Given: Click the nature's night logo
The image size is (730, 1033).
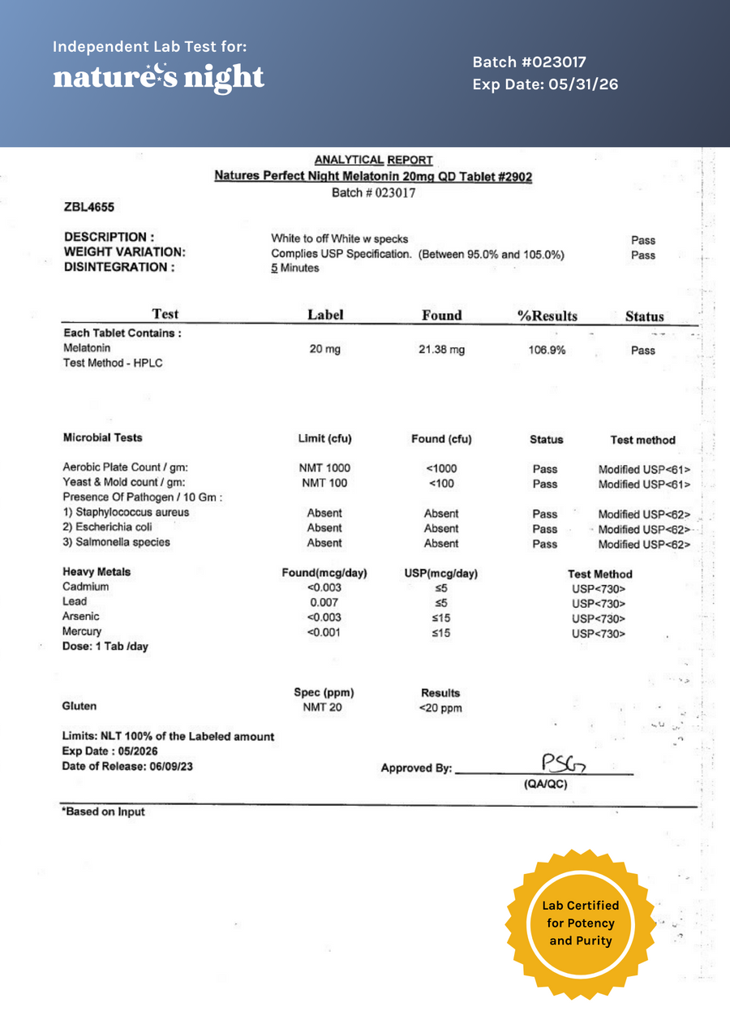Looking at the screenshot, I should coord(159,77).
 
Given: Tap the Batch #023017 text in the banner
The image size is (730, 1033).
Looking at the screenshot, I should coord(529,62).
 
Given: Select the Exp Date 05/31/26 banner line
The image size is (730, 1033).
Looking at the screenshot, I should coord(545,84).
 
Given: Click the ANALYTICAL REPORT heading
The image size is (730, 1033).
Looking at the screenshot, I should coord(373,161).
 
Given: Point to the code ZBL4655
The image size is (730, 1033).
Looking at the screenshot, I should coord(88,208).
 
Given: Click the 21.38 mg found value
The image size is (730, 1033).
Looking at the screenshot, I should coord(442,350).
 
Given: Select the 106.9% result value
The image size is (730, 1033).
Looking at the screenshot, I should coord(547,351).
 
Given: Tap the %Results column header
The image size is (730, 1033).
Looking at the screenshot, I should coord(547,316).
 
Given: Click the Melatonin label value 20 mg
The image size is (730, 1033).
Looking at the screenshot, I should coord(325,349).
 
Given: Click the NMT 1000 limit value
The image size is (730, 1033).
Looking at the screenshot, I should coord(324,468).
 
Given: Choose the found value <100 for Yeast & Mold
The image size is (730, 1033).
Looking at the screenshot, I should coord(441,484).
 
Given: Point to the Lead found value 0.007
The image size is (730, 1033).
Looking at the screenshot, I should coord(324,602).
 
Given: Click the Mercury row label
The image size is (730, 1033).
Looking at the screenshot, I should coord(82,631).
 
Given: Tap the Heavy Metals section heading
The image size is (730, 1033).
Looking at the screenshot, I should coord(97,572).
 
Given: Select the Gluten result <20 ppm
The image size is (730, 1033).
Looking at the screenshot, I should coord(440,708).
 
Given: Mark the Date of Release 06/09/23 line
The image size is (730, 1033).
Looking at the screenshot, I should coord(127,766).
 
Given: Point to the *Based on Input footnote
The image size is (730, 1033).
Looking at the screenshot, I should coord(104,811).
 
